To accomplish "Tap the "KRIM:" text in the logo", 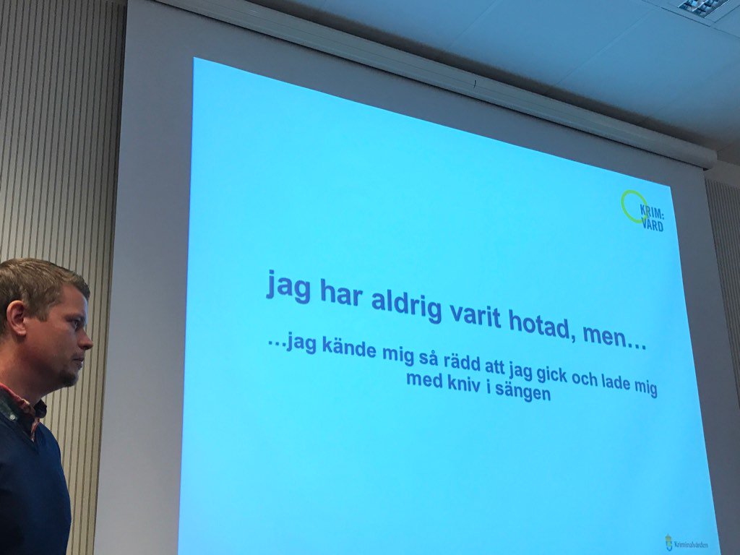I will point(651,212).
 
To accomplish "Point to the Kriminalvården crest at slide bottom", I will point(669,542).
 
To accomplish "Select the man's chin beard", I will point(69,377).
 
